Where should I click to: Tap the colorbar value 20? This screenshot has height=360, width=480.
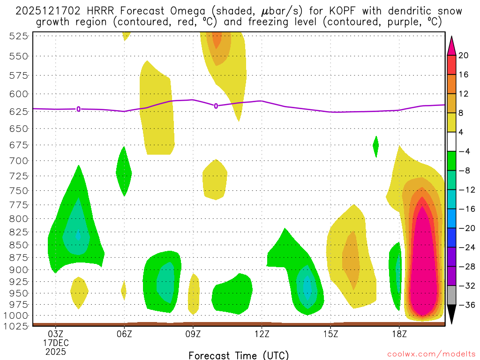[x=464, y=56]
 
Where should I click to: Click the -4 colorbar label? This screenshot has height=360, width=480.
[x=464, y=151]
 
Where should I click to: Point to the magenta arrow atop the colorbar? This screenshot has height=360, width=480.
[x=452, y=45]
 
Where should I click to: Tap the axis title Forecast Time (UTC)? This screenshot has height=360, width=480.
[x=239, y=355]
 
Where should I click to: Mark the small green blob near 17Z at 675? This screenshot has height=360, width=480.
[x=375, y=146]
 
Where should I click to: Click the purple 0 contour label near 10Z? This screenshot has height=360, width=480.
[x=216, y=106]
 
